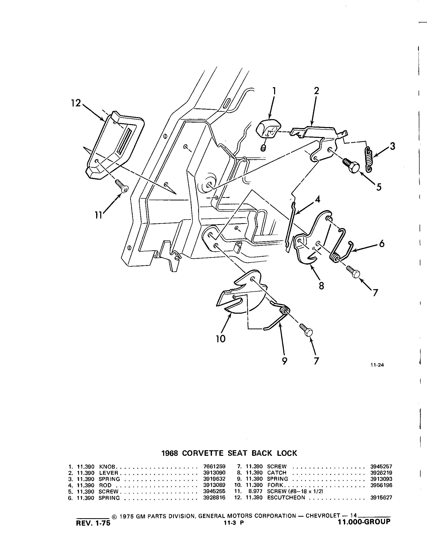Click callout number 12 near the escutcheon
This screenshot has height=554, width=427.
[x=76, y=103]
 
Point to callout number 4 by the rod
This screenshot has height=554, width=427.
[x=317, y=200]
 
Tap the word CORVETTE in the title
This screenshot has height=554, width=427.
[x=203, y=453]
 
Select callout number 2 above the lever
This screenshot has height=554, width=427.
[x=317, y=91]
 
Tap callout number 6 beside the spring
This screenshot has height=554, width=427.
[x=382, y=244]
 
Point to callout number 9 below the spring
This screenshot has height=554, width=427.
[x=285, y=361]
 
